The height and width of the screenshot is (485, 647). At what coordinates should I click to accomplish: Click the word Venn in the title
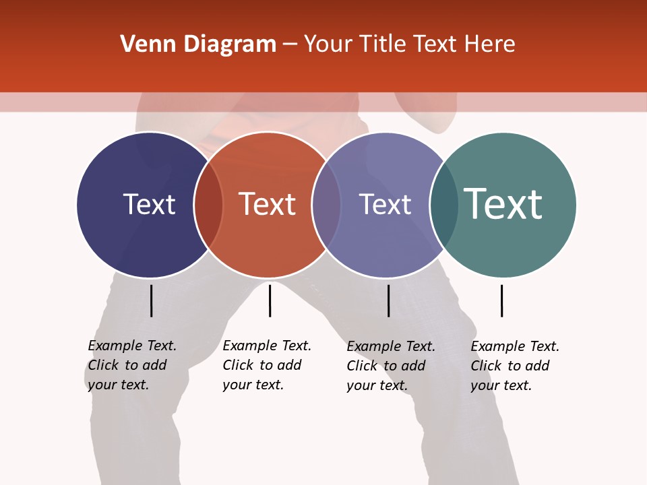(x=142, y=44)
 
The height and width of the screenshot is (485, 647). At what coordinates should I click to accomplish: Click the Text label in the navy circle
(x=149, y=204)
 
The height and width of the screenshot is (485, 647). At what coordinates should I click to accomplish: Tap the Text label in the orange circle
(x=268, y=204)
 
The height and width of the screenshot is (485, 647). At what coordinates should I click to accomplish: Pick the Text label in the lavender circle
(x=385, y=204)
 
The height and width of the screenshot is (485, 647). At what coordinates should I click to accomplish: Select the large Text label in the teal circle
(x=503, y=204)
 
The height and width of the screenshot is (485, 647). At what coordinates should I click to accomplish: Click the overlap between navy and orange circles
(x=208, y=205)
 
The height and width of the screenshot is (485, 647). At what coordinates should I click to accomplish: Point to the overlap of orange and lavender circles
(x=326, y=205)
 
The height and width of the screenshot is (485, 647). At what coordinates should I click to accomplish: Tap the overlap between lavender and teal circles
(x=444, y=205)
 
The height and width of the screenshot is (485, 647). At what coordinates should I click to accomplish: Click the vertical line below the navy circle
(x=152, y=300)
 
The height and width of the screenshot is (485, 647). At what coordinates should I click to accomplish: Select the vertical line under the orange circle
(x=270, y=300)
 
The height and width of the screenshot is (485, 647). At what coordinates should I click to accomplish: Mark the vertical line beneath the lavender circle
(x=388, y=300)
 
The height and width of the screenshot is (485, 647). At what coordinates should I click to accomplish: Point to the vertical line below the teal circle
(x=501, y=300)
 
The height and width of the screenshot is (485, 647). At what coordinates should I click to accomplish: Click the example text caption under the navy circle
(x=132, y=365)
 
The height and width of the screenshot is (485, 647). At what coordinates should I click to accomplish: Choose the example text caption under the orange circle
(x=267, y=365)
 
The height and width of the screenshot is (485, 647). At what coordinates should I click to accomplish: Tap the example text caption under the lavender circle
(x=391, y=366)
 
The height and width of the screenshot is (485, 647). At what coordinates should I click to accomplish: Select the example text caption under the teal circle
(x=515, y=366)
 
